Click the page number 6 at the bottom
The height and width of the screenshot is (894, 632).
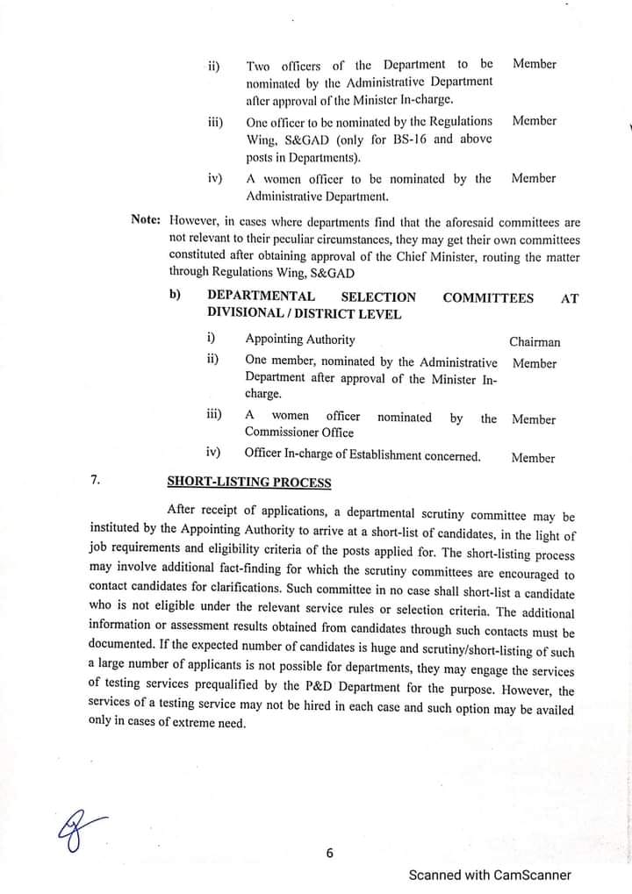coord(329,853)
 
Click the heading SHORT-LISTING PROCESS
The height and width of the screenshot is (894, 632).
coord(249,483)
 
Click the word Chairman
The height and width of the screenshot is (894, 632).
coord(535,342)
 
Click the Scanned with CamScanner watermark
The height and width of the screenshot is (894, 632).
coord(490,875)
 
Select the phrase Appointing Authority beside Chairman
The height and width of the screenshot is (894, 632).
coord(300,339)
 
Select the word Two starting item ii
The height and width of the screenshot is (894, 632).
coord(258,66)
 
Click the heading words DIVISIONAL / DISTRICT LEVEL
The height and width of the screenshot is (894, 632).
coord(305,314)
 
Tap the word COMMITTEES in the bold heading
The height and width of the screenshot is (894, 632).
coord(488,298)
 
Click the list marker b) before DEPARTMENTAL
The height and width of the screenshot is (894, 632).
coord(175,295)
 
